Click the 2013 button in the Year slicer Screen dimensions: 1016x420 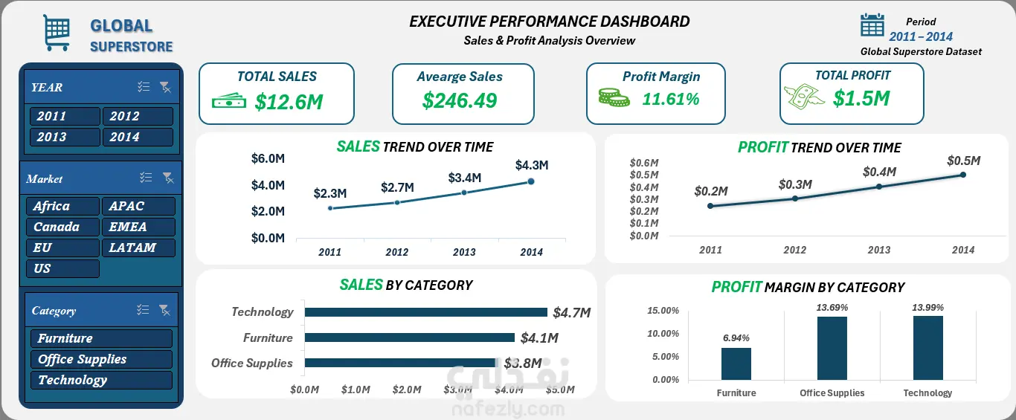65,137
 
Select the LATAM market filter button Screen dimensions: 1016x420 138,248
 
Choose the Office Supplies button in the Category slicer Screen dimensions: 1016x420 102,359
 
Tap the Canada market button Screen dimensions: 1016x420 62,227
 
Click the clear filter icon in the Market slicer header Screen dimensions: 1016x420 168,178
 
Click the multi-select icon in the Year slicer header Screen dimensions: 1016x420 144,86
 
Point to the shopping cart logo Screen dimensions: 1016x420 57,33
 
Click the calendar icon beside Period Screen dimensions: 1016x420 872,25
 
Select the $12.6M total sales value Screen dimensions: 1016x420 289,102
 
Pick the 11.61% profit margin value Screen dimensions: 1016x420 670,99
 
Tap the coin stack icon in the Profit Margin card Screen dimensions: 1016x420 614,97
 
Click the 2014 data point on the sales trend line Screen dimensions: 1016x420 531,181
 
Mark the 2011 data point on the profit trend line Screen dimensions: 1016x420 710,206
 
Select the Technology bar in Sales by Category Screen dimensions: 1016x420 426,312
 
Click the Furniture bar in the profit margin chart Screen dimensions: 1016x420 736,364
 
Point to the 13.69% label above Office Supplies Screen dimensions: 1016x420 832,308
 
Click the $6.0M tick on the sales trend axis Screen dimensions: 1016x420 268,158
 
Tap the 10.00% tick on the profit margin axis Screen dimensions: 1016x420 663,334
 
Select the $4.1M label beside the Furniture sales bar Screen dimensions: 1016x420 539,338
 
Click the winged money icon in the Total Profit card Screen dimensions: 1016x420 804,96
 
